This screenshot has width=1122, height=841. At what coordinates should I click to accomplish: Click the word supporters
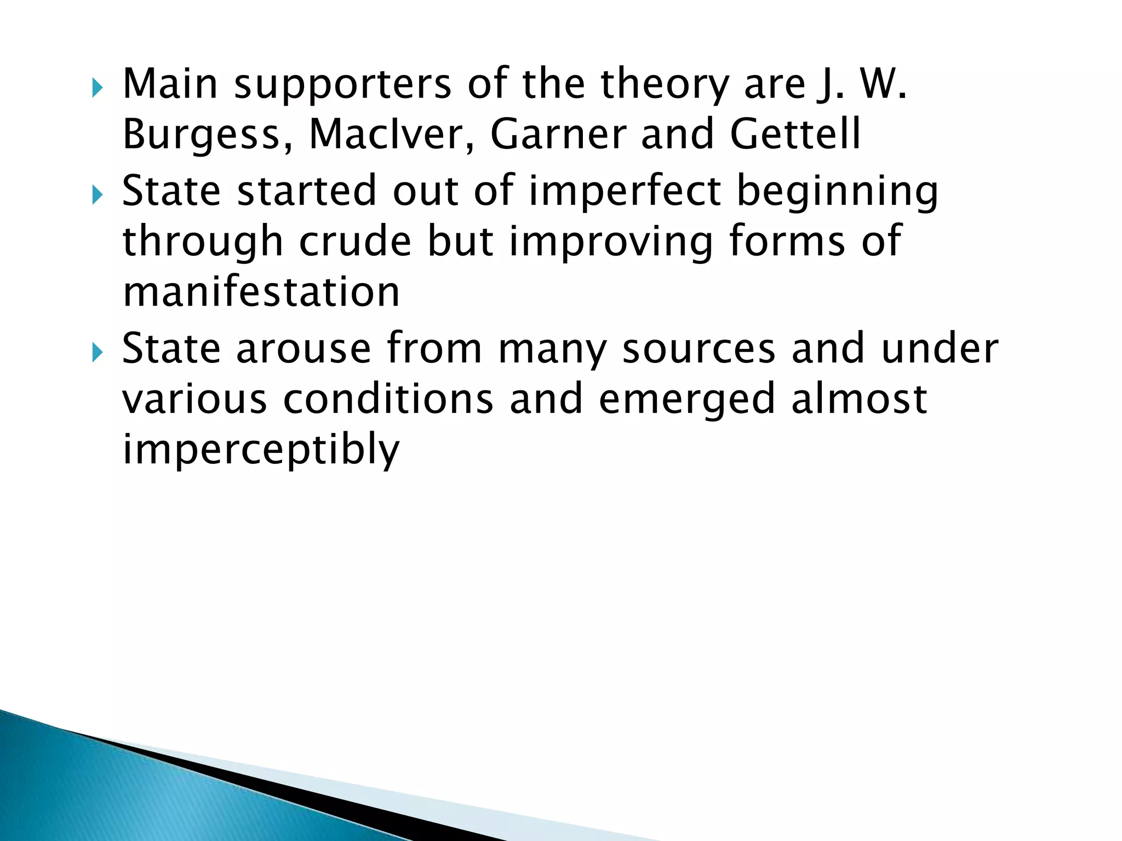(x=343, y=85)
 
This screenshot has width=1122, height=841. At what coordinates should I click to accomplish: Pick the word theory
(x=664, y=85)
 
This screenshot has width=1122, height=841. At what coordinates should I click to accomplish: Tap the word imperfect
(x=625, y=191)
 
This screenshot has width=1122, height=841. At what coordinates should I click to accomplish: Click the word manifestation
(x=261, y=291)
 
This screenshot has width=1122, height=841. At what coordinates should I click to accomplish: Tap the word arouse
(x=304, y=348)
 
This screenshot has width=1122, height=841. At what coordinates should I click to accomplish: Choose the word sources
(x=699, y=348)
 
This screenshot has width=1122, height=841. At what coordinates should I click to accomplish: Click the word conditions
(x=388, y=399)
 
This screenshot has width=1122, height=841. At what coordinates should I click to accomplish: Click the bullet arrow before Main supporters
(x=98, y=88)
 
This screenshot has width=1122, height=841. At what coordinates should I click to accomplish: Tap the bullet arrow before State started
(x=98, y=194)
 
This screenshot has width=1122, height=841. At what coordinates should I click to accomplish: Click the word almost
(x=859, y=399)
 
